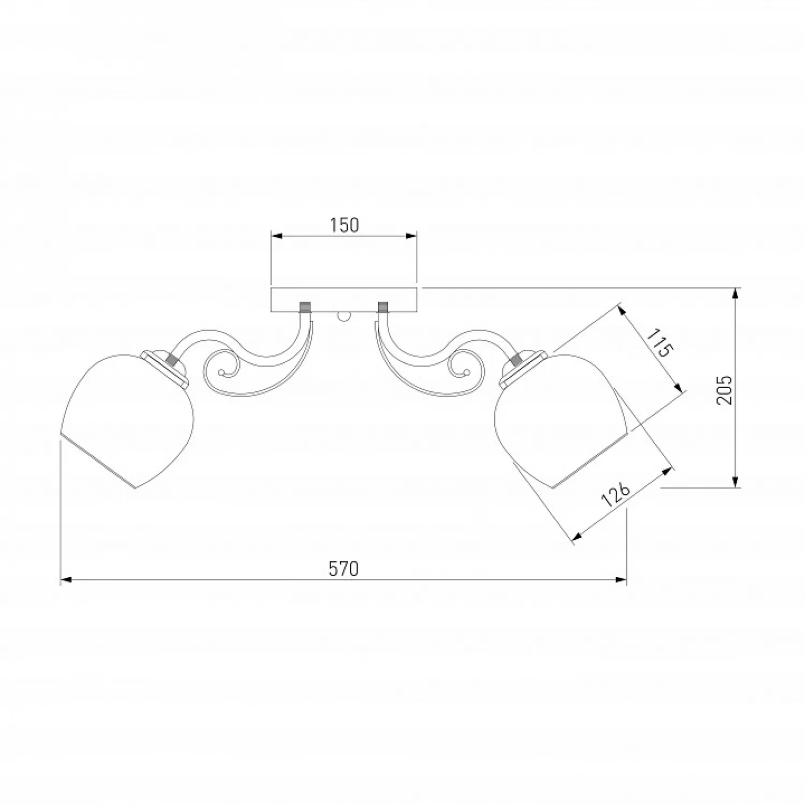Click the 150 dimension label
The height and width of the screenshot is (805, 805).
344,225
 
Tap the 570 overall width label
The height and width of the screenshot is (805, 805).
343,568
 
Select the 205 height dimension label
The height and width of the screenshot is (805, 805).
724,390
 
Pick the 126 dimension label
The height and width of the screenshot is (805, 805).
615,495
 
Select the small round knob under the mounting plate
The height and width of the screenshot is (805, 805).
344,317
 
